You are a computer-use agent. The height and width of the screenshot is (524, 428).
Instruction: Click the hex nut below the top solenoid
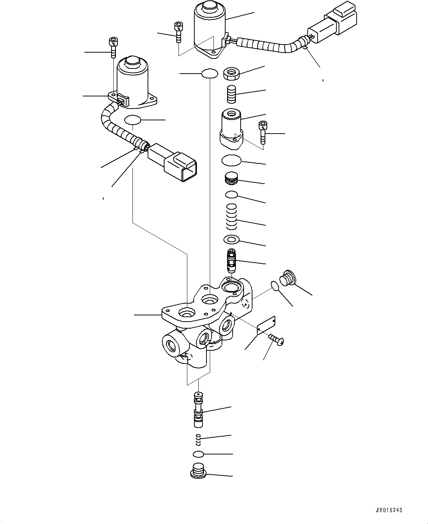232,74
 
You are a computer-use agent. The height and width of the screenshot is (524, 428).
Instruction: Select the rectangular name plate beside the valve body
266,325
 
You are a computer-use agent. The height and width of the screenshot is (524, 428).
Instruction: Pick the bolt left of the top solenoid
178,32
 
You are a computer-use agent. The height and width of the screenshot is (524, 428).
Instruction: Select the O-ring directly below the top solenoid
210,74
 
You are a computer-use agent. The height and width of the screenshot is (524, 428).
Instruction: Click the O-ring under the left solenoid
133,120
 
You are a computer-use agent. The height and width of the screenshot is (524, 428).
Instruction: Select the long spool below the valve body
199,409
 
